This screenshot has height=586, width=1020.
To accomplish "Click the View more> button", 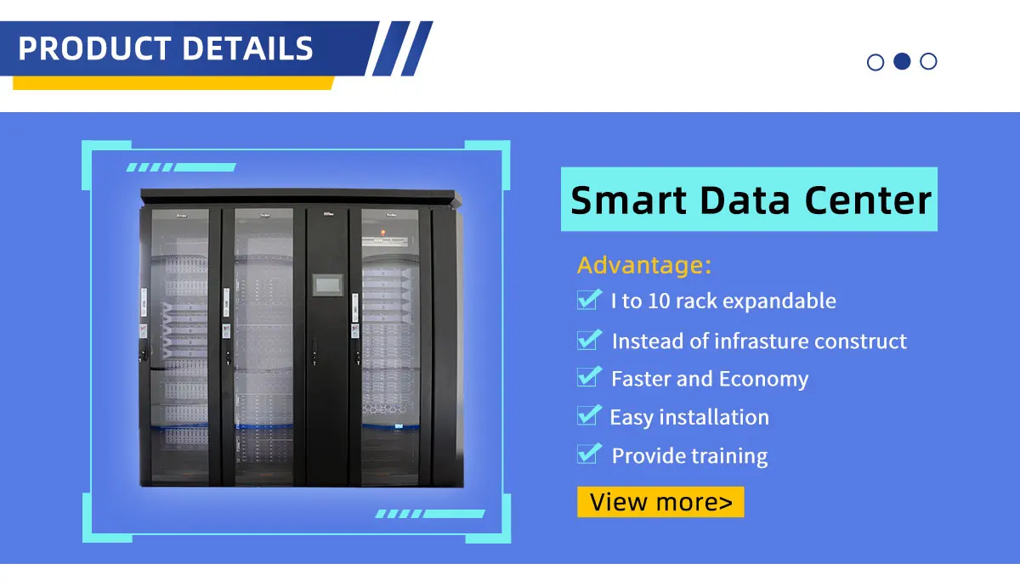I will (x=660, y=502).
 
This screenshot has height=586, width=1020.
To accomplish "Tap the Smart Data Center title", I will (x=750, y=200).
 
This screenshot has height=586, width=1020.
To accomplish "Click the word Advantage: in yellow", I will (x=643, y=265).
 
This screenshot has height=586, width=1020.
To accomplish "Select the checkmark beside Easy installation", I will (x=588, y=415).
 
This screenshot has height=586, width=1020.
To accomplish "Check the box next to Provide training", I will (x=588, y=454).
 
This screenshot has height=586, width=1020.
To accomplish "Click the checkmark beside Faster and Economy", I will (x=588, y=377).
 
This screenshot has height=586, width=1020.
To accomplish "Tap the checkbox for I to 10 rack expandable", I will (x=588, y=299).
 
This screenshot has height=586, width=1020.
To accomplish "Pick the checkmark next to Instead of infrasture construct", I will (x=588, y=340).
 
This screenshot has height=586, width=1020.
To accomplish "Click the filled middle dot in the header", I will (x=903, y=61).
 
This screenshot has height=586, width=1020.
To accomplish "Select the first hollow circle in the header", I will (x=875, y=62).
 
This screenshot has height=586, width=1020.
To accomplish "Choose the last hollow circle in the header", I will (x=929, y=61).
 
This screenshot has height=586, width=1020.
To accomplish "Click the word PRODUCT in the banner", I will (x=92, y=48).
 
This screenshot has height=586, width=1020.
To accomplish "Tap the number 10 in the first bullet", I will (x=660, y=301).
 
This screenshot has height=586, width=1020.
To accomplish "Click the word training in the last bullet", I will (x=728, y=456).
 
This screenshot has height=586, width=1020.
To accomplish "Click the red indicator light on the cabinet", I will (x=382, y=230).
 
